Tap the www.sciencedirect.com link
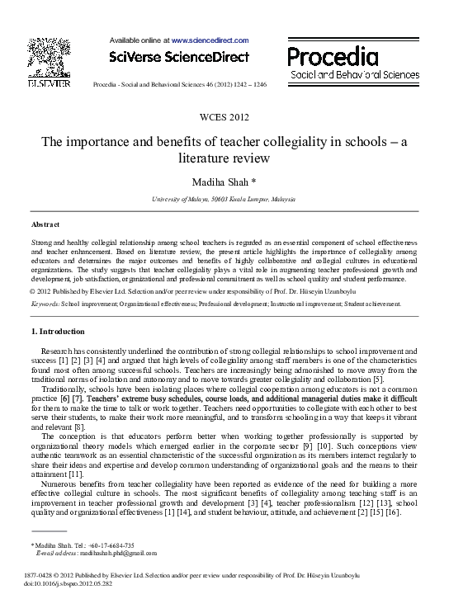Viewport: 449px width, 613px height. point(210,39)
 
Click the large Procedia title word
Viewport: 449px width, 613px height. point(333,56)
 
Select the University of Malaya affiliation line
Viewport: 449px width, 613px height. point(224,200)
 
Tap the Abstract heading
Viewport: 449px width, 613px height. point(45,224)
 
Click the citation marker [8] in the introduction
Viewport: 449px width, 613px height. point(79,427)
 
